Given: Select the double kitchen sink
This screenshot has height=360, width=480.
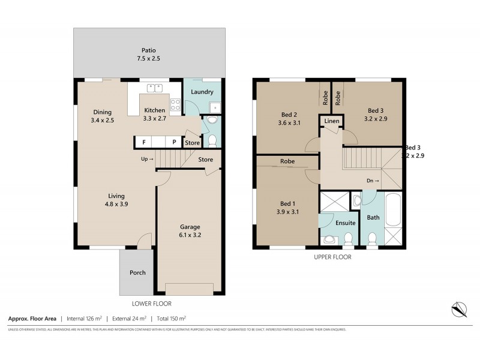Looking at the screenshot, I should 154,89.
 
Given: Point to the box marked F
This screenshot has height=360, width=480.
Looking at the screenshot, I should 144,142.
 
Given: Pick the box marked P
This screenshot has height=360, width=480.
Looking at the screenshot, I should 174,142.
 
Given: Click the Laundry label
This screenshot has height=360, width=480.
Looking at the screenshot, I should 202,92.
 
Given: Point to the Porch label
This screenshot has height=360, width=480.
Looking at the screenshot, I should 137,272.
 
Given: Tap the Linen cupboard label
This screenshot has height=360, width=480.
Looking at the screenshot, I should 332,121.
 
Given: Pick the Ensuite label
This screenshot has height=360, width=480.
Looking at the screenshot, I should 345,223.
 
